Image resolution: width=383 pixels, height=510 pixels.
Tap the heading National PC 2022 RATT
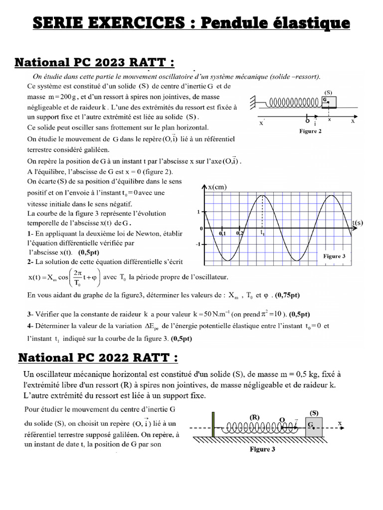(x=98, y=358)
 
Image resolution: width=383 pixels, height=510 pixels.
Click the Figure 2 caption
(x=310, y=131)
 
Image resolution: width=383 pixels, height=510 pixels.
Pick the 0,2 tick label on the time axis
(x=240, y=233)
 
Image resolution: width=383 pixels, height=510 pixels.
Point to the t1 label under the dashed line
(x=262, y=233)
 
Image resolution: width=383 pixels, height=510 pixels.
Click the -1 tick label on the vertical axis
(x=198, y=245)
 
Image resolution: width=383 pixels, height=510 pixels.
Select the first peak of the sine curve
(x=262, y=196)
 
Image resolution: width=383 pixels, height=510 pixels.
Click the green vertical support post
(x=213, y=424)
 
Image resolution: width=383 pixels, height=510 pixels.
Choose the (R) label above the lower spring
(x=255, y=415)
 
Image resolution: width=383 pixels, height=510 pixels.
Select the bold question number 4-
(x=30, y=326)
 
